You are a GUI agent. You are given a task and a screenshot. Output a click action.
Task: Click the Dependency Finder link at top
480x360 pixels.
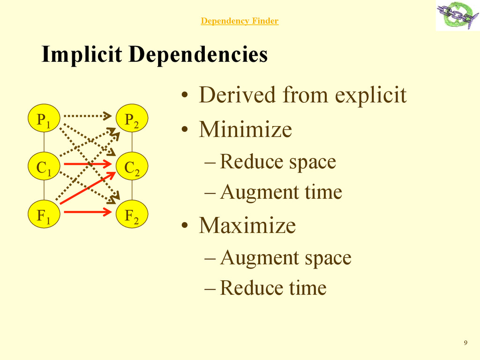(x=240, y=21)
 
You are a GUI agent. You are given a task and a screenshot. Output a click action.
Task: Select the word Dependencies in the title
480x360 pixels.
(x=198, y=54)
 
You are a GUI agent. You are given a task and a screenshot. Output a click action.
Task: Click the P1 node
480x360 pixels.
(x=44, y=120)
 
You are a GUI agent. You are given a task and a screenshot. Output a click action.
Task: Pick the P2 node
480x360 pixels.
(x=132, y=120)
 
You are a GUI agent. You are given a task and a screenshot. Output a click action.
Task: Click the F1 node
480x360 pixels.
(x=44, y=215)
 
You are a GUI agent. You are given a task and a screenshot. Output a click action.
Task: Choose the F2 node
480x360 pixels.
(x=132, y=215)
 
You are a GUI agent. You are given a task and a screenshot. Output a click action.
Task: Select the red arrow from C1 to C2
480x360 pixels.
(x=87, y=164)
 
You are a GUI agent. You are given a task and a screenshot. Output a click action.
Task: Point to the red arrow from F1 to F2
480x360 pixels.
(x=87, y=212)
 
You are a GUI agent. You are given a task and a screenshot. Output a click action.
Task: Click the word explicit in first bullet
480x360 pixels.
(x=370, y=95)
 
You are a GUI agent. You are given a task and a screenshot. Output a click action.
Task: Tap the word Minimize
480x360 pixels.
(x=245, y=129)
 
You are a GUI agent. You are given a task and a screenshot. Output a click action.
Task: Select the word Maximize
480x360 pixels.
(x=247, y=225)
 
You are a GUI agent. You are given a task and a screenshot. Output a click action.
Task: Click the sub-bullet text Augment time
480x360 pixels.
(x=281, y=192)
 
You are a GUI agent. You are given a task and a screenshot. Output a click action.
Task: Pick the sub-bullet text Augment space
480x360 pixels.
(x=285, y=257)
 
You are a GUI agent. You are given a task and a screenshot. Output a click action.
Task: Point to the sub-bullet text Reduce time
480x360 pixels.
(x=273, y=288)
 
